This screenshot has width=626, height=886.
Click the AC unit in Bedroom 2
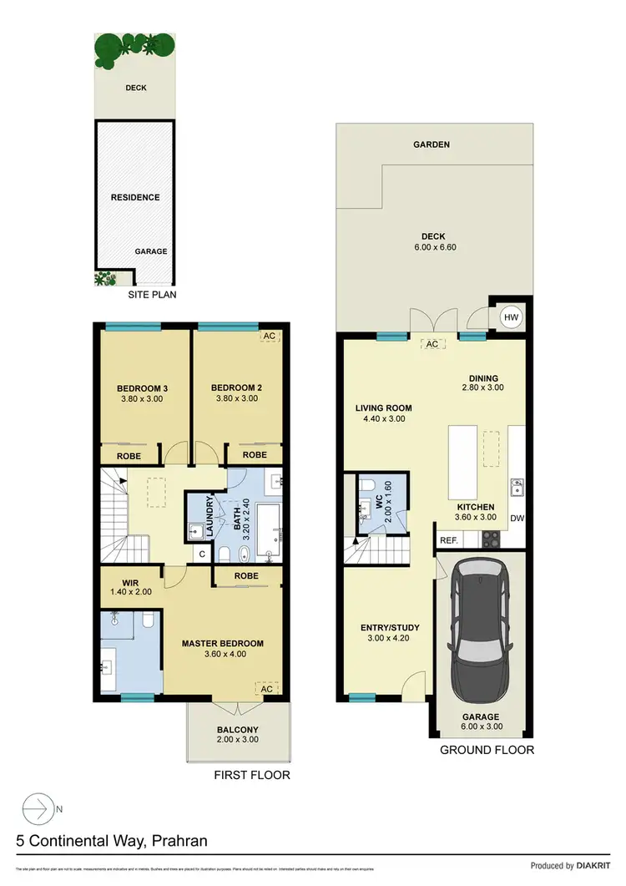click(269, 337)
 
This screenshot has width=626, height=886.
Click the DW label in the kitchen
click(517, 518)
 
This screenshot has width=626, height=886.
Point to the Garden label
click(432, 144)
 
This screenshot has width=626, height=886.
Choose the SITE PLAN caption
click(152, 295)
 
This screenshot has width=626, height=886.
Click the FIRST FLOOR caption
click(252, 775)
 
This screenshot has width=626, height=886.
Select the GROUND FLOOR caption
click(487, 750)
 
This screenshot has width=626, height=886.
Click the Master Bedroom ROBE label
click(246, 576)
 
